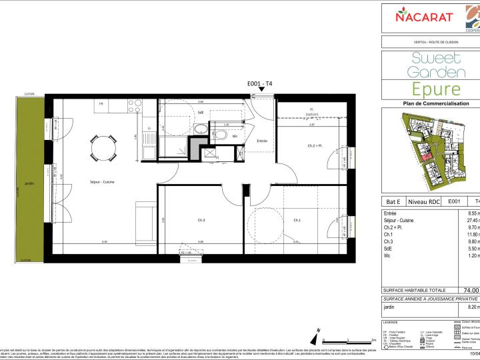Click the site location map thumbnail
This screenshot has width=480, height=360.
pos(431,151)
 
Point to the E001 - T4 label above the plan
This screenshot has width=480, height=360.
pos(259,83)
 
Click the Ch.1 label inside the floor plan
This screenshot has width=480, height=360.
pos(297,220)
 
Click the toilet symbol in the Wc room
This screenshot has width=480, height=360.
pos(235,135)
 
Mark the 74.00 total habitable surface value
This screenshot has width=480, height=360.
pos(470,290)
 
